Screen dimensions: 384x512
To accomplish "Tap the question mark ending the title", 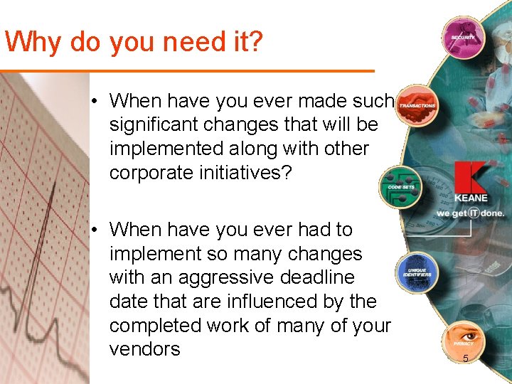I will pos(255,43).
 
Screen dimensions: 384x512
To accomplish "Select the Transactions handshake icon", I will pos(417,105).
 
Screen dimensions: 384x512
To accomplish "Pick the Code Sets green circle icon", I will pos(401,186).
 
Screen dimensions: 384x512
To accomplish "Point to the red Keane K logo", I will pos(470,179).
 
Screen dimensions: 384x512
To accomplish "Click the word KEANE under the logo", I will pos(470,198).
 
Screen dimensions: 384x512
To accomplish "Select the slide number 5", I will pos(466,358).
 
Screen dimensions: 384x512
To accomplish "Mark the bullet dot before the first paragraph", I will pos(94,101).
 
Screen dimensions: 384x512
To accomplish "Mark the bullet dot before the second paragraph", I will pos(94,230).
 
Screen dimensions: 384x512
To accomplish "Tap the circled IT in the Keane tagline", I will pos(472,213).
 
